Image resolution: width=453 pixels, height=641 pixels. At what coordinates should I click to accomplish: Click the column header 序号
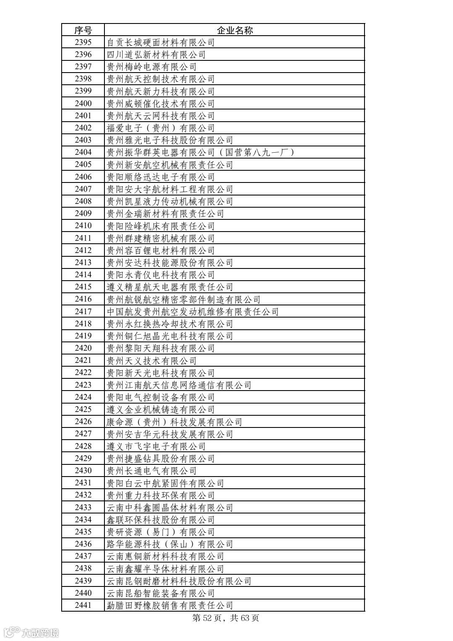coord(83,30)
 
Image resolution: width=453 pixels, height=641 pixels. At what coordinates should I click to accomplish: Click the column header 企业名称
coord(234,30)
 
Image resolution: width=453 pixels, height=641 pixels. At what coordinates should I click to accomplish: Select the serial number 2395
coord(83,42)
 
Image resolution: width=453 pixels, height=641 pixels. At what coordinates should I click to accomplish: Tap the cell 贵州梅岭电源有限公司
coord(151,67)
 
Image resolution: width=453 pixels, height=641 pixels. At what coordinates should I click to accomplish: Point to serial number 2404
coord(83,152)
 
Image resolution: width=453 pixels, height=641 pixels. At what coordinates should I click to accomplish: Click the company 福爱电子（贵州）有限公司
coord(161,128)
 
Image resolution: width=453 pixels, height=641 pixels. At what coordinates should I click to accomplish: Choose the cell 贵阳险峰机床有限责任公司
coord(161,226)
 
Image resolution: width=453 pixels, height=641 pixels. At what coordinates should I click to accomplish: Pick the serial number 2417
coord(83,312)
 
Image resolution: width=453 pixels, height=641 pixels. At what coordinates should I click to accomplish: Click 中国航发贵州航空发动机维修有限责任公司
coord(193,312)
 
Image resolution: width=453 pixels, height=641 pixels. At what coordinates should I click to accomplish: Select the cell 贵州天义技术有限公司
coord(151,361)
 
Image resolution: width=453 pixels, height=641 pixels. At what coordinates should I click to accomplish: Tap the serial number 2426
coord(83,422)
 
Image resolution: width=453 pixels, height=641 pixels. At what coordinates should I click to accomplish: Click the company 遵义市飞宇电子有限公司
coord(156,446)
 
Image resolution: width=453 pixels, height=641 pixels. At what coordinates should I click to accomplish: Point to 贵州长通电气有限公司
coord(151,471)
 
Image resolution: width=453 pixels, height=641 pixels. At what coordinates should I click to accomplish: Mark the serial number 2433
coord(83,508)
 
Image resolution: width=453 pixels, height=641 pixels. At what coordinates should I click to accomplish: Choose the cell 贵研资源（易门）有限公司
coord(161,532)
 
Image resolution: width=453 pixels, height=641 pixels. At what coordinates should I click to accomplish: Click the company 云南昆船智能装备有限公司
coord(161,593)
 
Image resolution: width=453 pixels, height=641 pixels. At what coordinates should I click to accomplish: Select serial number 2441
coord(83,605)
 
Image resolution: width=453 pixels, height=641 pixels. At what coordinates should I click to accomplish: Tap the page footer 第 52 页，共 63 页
coord(226,618)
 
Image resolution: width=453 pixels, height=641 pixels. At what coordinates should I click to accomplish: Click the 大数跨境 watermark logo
coord(31,632)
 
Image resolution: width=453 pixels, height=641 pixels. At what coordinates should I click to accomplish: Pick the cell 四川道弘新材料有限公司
coord(156,55)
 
